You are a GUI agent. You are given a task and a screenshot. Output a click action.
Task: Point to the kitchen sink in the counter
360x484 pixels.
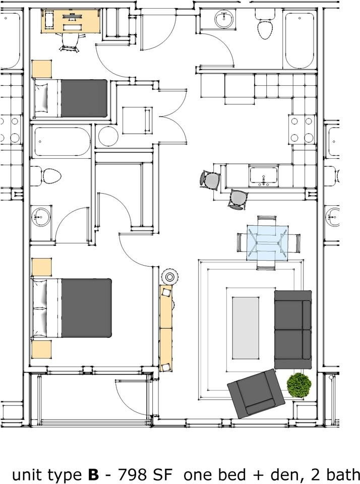pyautogui.click(x=264, y=175)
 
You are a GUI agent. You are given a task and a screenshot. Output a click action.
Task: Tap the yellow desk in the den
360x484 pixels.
pyautogui.click(x=71, y=21)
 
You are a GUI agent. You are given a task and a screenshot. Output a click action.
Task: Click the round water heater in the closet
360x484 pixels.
pyautogui.click(x=108, y=136)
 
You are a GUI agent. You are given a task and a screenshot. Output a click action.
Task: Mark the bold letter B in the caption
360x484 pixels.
pyautogui.click(x=93, y=475)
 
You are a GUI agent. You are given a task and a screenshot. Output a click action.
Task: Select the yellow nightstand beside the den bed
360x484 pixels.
pyautogui.click(x=42, y=69)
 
